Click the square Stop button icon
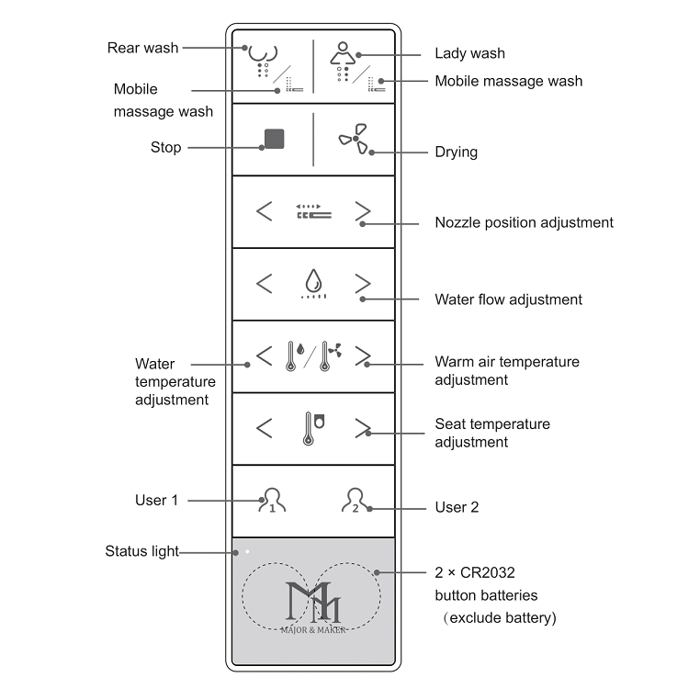coord(274,139)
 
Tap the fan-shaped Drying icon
coord(355,140)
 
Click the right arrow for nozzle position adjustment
coord(363,212)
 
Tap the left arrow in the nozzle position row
coord(264,212)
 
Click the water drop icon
coord(313,281)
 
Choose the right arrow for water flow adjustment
coord(363,284)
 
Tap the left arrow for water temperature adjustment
coord(264,356)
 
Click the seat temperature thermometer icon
coord(313,429)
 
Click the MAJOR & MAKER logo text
coord(313,629)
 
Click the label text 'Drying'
coord(456,152)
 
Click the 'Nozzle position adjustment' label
coord(524,222)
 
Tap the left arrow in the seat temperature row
coord(264,429)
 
